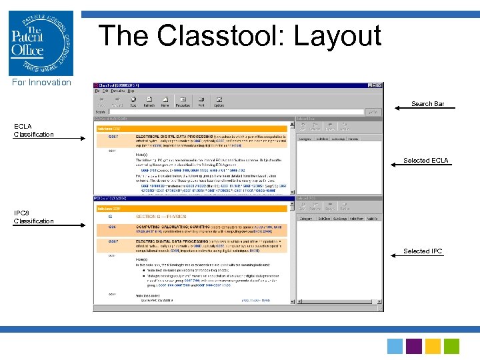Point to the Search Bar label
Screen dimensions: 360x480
click(x=427, y=104)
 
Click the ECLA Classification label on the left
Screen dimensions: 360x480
click(x=33, y=131)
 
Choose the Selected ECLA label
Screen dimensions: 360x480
click(x=425, y=161)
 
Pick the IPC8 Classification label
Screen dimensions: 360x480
click(x=33, y=217)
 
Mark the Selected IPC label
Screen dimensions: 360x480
click(x=423, y=251)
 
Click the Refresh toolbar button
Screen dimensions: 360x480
click(x=149, y=102)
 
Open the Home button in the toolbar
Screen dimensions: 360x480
click(x=165, y=102)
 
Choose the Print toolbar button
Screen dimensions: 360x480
click(x=201, y=102)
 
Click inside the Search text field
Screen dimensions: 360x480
click(x=233, y=112)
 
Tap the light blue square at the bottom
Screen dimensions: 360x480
click(x=395, y=346)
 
